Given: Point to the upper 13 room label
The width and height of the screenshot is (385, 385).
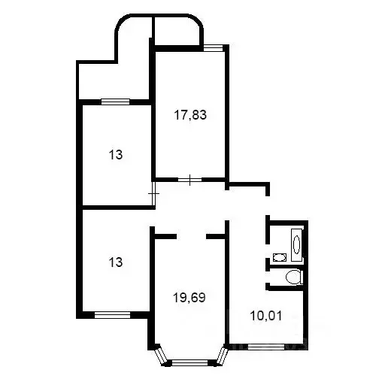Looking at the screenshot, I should (115, 155).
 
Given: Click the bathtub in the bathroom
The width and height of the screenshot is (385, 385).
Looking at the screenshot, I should (295, 244).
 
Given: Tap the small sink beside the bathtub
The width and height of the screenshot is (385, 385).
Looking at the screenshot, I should (280, 257).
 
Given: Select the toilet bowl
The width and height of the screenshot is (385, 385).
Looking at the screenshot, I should (293, 277).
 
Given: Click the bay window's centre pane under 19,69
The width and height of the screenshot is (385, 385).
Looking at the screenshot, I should (188, 363).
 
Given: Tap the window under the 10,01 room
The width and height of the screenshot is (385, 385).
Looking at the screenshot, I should (269, 346).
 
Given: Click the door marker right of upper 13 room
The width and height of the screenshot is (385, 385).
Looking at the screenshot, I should (154, 193).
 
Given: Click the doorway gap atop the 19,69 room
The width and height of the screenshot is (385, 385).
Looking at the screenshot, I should (191, 236).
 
